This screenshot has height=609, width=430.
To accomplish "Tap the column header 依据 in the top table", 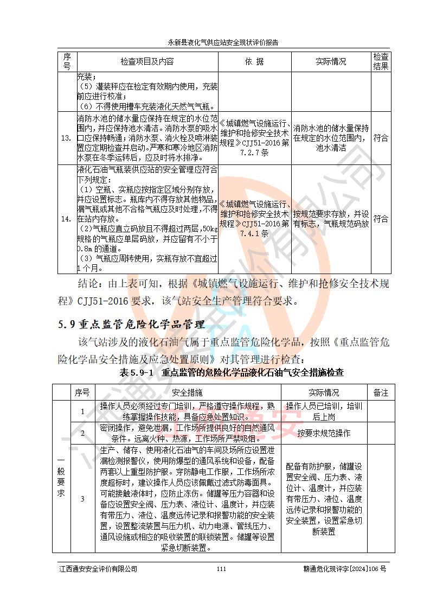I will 254,62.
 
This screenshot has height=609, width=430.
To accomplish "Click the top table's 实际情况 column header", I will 331,62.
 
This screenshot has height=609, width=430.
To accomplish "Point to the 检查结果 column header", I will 381,62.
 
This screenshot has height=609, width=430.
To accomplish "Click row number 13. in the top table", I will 66,138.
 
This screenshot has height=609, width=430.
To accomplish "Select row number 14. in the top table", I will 66,219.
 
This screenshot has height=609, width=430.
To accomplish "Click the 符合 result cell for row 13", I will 381,138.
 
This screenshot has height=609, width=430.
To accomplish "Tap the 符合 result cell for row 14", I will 381,219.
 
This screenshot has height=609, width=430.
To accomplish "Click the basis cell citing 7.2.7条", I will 254,138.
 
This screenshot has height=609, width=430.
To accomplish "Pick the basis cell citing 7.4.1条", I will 254,219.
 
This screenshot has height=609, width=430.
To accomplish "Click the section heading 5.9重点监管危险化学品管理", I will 132,325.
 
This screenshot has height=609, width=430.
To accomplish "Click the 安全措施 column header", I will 187,392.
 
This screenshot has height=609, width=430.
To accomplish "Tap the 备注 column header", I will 381,392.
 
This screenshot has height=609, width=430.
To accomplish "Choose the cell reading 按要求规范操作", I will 324,433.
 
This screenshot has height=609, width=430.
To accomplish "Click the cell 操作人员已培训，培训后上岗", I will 324,411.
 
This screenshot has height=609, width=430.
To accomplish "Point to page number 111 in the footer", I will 221,569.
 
